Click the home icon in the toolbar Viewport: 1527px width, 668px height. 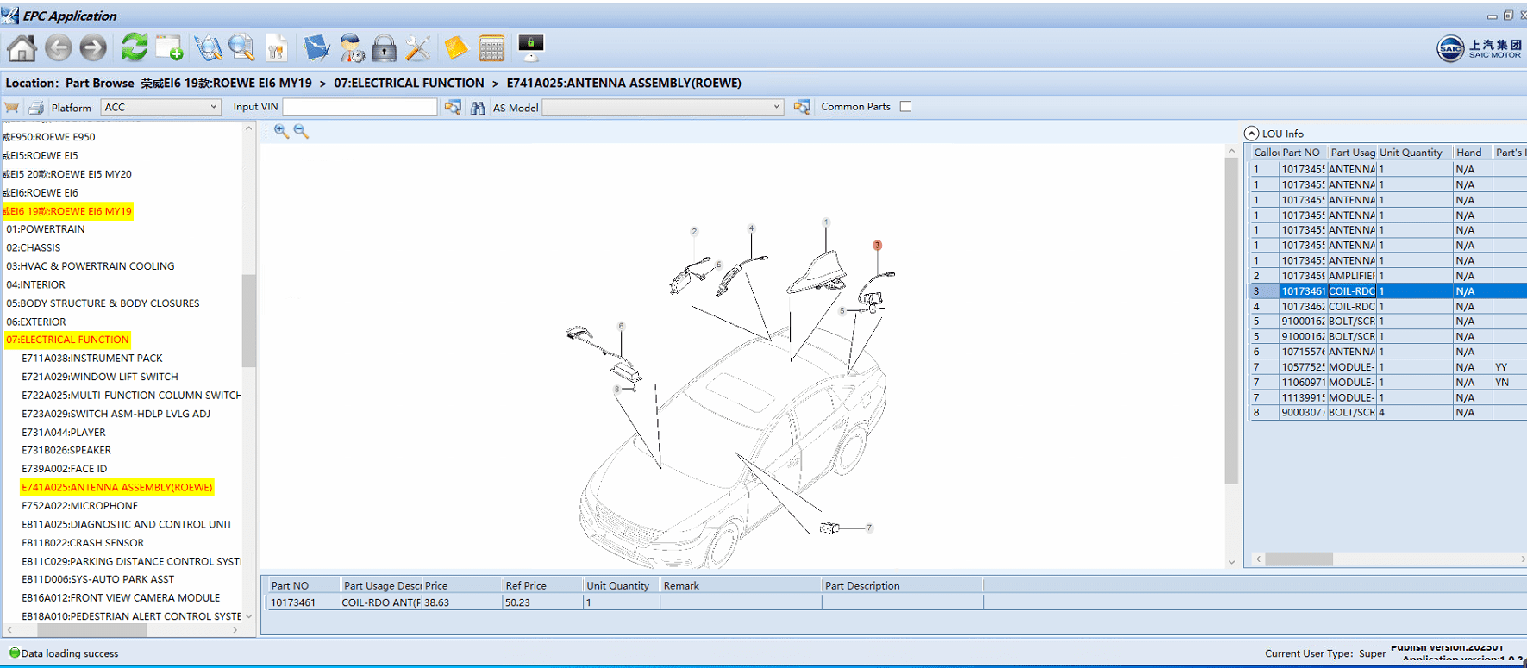(22, 48)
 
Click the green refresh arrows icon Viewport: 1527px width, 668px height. (134, 47)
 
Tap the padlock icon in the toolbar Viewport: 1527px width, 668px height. (384, 48)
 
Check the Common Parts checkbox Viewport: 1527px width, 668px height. (905, 107)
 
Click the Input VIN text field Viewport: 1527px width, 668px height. (360, 107)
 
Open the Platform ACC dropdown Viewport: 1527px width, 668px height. (161, 107)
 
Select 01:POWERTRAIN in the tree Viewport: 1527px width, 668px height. (46, 229)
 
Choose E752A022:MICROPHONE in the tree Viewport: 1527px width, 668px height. (79, 506)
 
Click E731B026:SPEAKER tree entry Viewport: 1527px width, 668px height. (66, 450)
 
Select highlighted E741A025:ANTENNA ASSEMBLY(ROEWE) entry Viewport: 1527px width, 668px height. (116, 487)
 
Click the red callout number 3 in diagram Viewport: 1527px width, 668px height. (877, 246)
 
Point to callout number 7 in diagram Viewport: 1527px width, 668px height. (868, 528)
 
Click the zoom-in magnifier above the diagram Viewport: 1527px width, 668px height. (281, 131)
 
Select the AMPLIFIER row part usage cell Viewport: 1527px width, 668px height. (1351, 276)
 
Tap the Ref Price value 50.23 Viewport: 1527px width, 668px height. (518, 602)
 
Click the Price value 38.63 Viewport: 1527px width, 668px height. (437, 602)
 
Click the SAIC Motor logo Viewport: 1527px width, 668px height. (1478, 48)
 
